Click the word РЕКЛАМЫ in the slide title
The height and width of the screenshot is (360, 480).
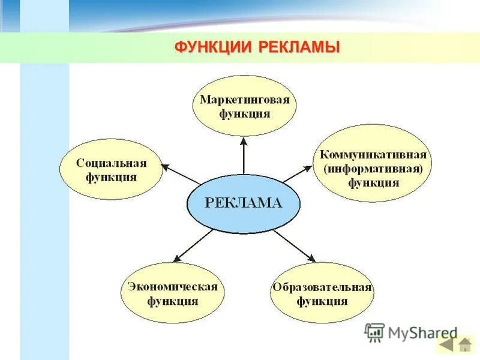tap(299, 47)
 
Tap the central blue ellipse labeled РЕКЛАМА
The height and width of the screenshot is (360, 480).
tap(243, 203)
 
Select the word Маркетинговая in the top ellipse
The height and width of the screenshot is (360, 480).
tap(244, 100)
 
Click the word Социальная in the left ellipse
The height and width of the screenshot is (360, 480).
tap(112, 163)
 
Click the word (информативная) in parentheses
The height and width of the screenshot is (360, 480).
tap(373, 169)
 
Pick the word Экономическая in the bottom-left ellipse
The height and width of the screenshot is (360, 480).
tap(172, 286)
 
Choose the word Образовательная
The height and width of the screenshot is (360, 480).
tap(322, 287)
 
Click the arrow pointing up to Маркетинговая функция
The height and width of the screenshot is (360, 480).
tap(244, 156)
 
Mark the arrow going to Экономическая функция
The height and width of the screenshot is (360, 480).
tap(193, 245)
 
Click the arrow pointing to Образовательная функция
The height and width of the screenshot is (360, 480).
tap(294, 245)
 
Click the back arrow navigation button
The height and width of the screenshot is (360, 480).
tap(446, 345)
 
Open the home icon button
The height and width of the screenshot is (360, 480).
tap(465, 345)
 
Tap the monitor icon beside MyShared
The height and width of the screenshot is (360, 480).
tap(374, 332)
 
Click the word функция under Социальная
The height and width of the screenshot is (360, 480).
tap(112, 178)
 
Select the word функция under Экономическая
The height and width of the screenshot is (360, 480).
tap(172, 301)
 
